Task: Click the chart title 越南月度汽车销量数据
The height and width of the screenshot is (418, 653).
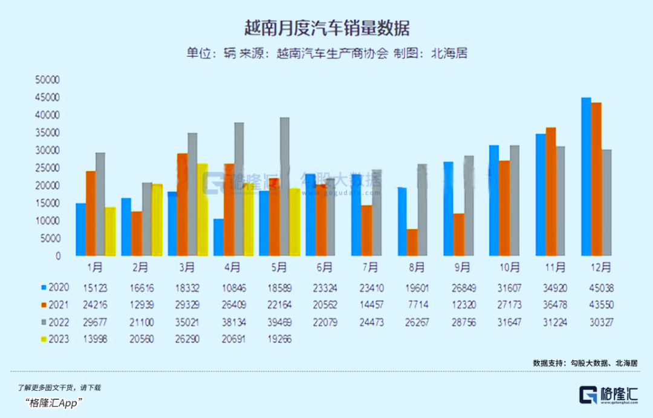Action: click(x=326, y=28)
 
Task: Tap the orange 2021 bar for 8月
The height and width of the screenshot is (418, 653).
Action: click(x=412, y=242)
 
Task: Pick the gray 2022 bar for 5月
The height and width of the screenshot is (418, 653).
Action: click(x=284, y=186)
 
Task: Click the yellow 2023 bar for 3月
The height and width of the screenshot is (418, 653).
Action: click(x=202, y=209)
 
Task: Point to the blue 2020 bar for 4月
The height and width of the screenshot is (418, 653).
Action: click(x=218, y=237)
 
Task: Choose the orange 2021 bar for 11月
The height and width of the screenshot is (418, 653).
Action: click(x=550, y=191)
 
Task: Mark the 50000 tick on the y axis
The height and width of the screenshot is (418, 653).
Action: click(x=48, y=80)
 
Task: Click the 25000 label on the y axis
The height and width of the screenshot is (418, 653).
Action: click(x=48, y=168)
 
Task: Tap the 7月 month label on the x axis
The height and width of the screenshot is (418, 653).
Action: click(x=371, y=267)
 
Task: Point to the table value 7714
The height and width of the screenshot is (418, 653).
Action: click(x=417, y=305)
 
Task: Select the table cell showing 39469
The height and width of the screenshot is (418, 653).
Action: click(x=279, y=322)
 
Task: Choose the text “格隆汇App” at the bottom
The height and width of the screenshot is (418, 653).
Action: click(x=54, y=403)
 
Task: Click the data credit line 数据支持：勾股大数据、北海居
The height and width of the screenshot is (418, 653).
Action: click(x=585, y=363)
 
